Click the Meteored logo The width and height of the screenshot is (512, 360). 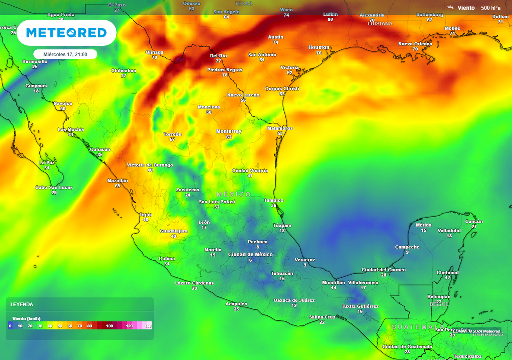point(66,33)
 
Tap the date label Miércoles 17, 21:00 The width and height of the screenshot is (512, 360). point(65,54)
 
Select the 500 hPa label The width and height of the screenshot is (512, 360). point(490,8)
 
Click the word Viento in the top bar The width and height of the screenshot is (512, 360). point(466,8)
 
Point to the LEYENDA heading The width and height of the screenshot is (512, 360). point(22,304)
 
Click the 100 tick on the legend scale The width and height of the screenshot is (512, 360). point(109,326)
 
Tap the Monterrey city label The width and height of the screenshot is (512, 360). point(229,131)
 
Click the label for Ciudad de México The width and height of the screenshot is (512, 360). point(250,254)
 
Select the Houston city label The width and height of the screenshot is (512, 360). point(319,47)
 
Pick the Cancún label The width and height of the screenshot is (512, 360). point(474,221)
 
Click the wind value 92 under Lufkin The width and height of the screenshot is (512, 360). point(330,20)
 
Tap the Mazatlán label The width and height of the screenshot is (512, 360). point(118,180)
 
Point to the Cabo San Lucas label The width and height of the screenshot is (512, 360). point(54,187)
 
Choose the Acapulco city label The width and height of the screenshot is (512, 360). point(236,304)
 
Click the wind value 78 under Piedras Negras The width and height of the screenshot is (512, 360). point(225,75)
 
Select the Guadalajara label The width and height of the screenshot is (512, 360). point(173,231)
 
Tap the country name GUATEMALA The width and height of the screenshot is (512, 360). point(410,327)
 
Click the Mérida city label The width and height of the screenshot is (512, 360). point(423,225)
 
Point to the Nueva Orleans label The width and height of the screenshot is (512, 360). point(415,44)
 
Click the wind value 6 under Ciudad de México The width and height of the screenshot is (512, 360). point(250,260)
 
